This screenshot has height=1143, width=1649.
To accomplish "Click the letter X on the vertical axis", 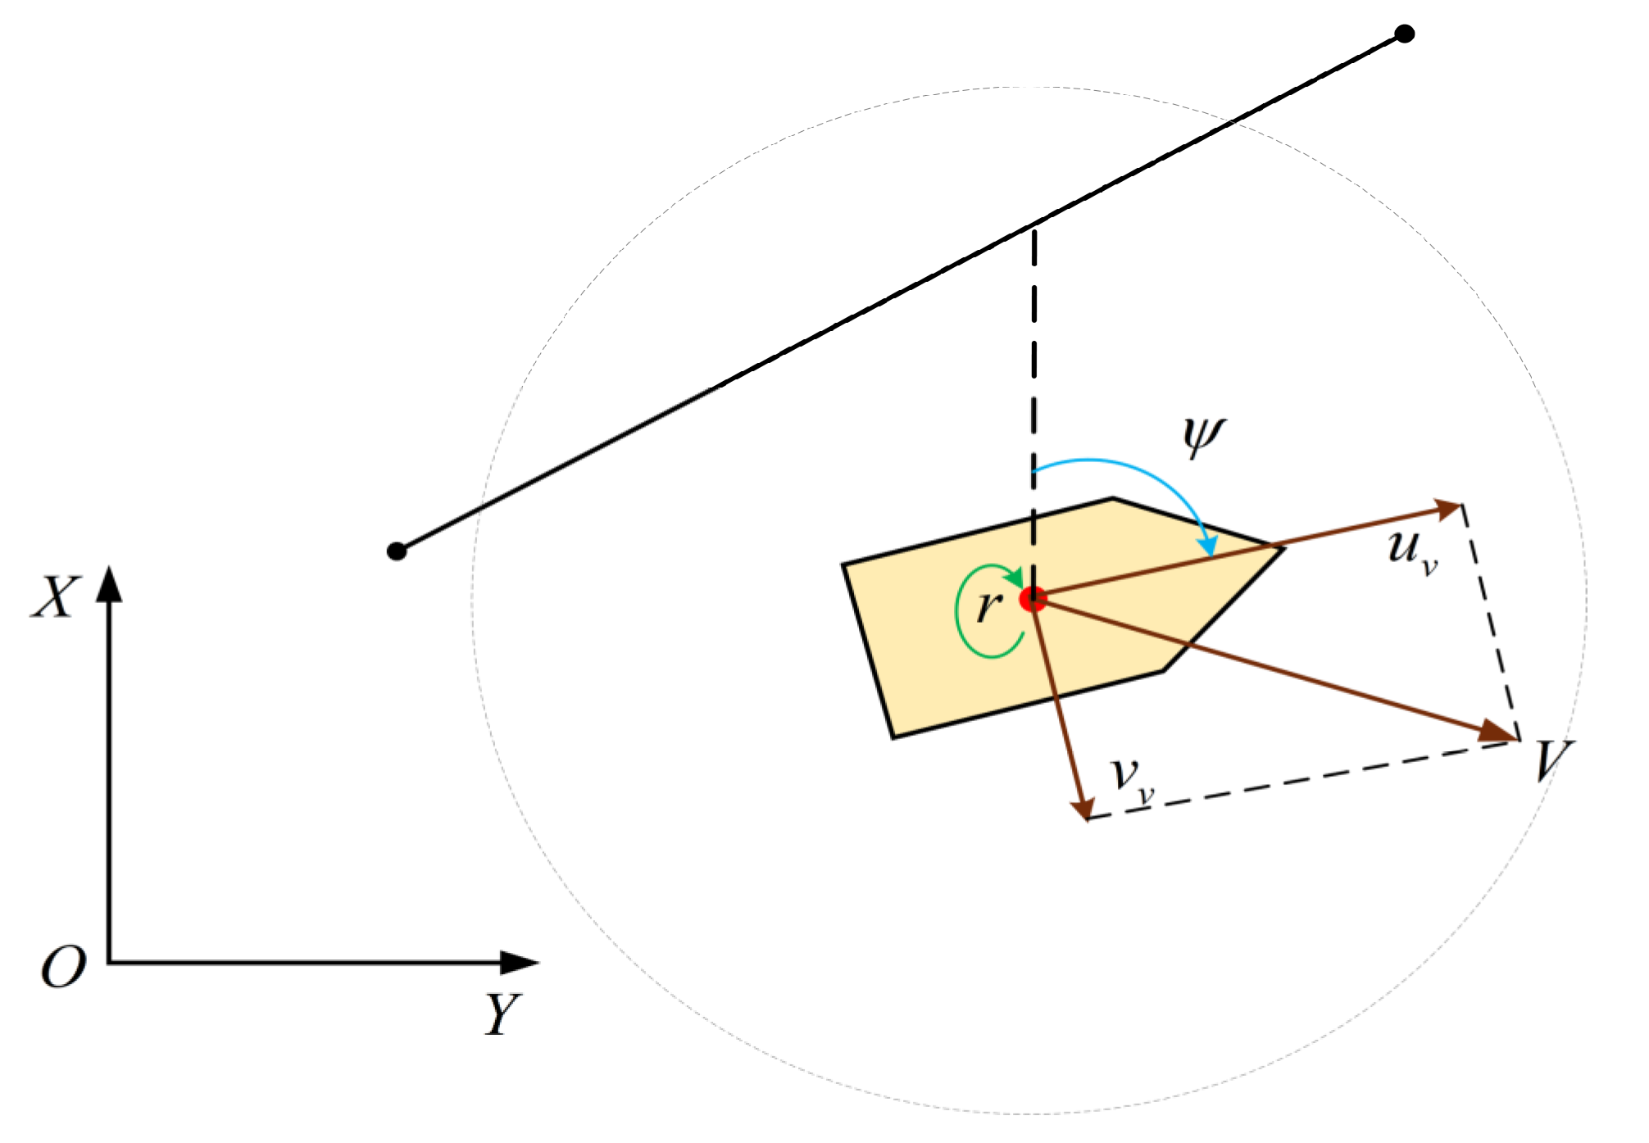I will pos(56,596).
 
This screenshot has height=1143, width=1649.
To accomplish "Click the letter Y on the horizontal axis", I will pos(502,1014).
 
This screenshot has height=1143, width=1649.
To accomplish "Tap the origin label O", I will pos(63,968).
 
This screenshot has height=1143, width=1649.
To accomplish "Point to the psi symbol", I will pos(1203,437).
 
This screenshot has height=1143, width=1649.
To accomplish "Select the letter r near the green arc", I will pos(989,606).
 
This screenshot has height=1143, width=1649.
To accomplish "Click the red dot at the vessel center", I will pos(1033,599).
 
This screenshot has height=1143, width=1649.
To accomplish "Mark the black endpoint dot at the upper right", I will pos(1405,34).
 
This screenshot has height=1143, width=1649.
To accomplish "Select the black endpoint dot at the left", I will pos(397,551).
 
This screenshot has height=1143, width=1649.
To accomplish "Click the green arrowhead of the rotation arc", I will pos(1015,578).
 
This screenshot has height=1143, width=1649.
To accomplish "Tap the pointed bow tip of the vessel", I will pos(1283,548).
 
